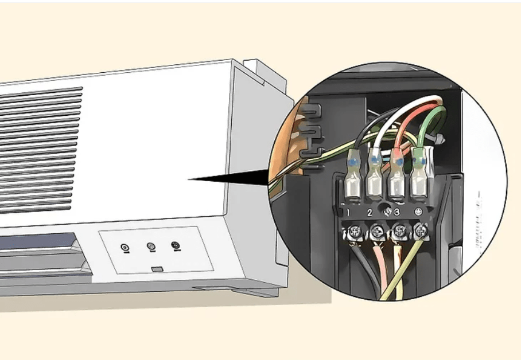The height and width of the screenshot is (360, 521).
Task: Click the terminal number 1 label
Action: [348, 213]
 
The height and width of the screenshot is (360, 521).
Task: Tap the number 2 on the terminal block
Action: [370, 213]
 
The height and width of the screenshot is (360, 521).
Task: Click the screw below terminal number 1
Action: [354, 232]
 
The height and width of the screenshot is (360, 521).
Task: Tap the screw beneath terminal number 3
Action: [398, 232]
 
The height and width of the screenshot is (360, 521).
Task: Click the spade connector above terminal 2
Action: [375, 175]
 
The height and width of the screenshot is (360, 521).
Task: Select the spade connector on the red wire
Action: [396, 175]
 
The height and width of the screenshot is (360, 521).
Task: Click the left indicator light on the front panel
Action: [125, 248]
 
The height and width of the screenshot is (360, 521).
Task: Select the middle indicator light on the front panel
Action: [151, 246]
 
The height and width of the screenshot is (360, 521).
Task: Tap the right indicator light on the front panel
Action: [176, 246]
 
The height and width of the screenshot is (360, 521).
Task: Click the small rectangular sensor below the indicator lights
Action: [157, 268]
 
